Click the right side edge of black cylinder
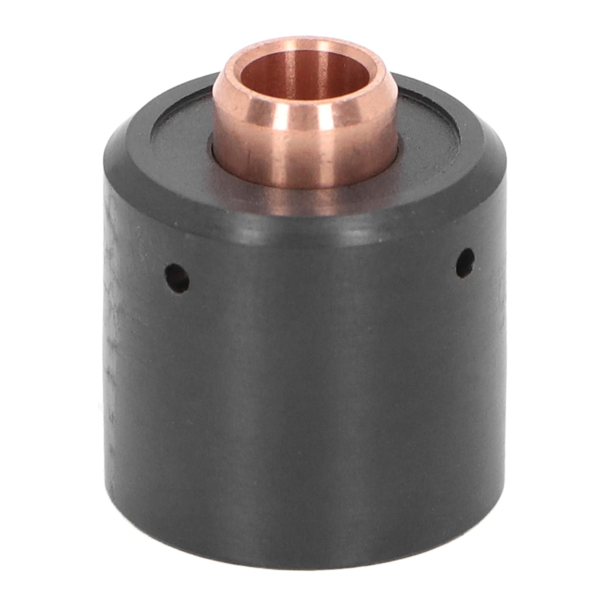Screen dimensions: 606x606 click(x=502, y=341)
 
